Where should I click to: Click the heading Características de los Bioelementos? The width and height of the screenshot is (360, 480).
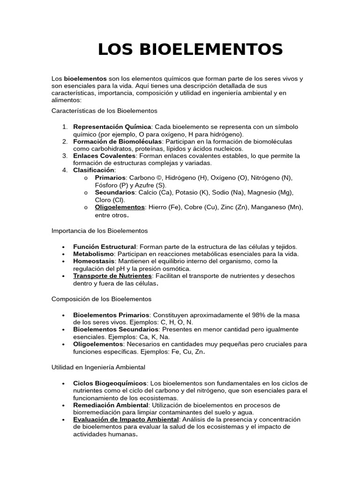click(104, 111)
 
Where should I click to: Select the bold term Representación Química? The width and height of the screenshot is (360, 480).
click(112, 127)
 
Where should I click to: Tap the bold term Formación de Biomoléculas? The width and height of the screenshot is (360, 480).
click(117, 141)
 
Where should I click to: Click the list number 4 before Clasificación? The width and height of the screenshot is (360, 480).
click(65, 170)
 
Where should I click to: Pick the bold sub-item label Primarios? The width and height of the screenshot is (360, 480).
click(110, 178)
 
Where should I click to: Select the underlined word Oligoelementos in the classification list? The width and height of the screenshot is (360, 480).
click(120, 207)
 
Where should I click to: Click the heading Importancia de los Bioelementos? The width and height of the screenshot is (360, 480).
click(99, 231)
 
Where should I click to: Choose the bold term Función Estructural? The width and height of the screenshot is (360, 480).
click(104, 247)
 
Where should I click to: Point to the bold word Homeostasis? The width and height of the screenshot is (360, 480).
click(94, 261)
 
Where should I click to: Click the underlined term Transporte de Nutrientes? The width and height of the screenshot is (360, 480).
click(112, 276)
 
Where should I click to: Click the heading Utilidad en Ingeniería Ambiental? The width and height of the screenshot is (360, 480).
click(98, 367)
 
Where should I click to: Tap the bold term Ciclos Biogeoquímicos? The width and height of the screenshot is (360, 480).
click(110, 383)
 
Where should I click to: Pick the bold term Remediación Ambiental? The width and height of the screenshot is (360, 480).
click(111, 405)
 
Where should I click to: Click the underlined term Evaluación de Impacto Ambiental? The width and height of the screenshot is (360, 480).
click(126, 420)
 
